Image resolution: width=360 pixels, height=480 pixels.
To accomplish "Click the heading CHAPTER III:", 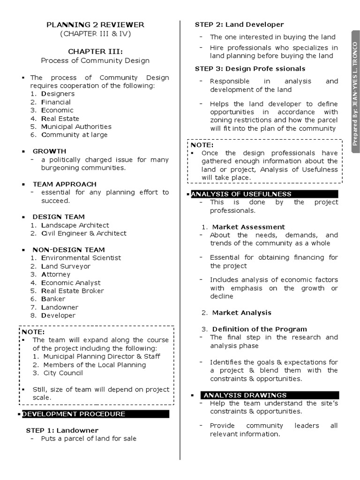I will click(x=95, y=52).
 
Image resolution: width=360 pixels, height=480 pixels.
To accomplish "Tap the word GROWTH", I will click(x=49, y=151).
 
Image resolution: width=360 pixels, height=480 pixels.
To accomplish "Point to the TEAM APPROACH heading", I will click(x=64, y=184).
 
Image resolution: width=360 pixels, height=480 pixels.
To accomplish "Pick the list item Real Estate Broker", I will click(x=73, y=291).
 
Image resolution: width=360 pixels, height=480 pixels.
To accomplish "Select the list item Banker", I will click(x=53, y=299).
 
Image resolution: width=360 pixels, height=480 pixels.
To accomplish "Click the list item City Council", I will click(x=63, y=373).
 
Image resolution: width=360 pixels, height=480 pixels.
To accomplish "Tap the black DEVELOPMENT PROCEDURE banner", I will click(x=95, y=414).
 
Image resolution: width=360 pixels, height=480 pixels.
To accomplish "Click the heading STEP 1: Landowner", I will click(x=62, y=430).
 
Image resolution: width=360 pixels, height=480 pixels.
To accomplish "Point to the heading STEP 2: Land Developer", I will click(x=239, y=24).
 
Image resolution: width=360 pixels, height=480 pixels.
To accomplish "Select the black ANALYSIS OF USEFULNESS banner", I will click(x=264, y=194).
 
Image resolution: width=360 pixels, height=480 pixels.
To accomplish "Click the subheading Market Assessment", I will click(x=248, y=227).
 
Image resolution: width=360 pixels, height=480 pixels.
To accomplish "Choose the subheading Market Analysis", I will click(x=242, y=313).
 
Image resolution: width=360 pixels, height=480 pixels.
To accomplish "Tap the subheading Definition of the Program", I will click(x=260, y=329).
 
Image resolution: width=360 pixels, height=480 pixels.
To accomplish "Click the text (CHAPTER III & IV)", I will click(x=95, y=34).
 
